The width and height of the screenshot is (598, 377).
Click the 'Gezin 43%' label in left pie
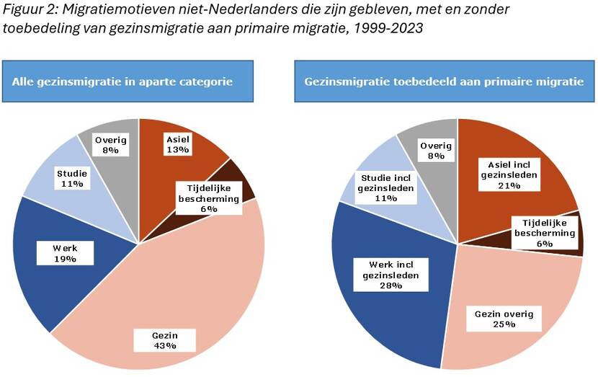click(165, 340)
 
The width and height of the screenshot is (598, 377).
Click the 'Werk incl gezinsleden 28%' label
click(383, 275)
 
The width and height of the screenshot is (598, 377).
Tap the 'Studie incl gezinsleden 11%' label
click(387, 183)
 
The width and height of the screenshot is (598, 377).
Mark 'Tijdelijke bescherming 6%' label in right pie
click(544, 233)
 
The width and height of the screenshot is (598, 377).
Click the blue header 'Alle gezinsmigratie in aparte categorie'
click(128, 81)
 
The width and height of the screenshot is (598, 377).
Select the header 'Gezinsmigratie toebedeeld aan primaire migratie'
click(444, 81)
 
